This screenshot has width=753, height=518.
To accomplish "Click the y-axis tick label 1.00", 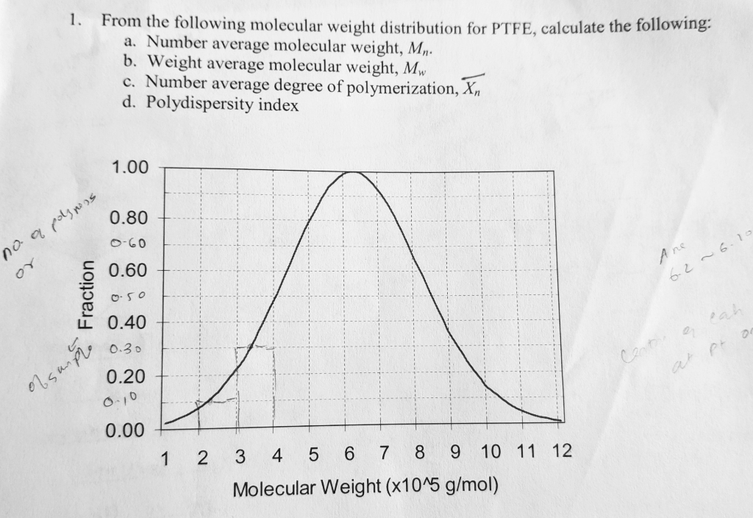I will click(129, 168).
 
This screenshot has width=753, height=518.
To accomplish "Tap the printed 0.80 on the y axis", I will click(129, 219).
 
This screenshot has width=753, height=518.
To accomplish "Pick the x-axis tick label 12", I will click(560, 450).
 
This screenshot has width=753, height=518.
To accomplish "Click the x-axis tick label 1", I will click(165, 458).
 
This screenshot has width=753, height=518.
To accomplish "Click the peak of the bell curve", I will click(352, 171).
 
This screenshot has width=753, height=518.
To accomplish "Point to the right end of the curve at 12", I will click(561, 420).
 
